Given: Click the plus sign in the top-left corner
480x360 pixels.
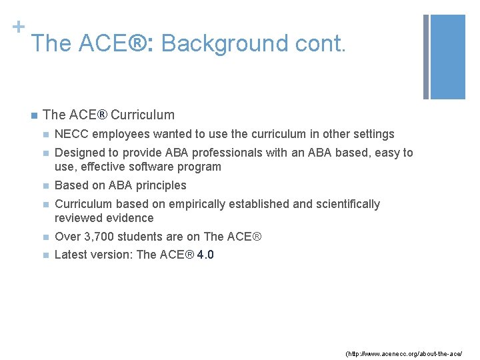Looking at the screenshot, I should click(x=19, y=27).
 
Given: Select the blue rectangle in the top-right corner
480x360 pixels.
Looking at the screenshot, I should click(x=449, y=57).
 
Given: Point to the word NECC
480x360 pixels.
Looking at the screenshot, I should click(x=71, y=134).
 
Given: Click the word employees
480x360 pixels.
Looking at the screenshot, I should click(x=117, y=134).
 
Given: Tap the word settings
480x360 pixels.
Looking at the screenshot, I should click(x=373, y=134).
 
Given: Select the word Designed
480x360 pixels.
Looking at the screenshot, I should click(x=79, y=153).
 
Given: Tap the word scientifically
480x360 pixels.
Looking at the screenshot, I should click(x=345, y=204).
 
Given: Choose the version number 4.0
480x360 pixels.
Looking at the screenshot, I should click(x=205, y=255).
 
